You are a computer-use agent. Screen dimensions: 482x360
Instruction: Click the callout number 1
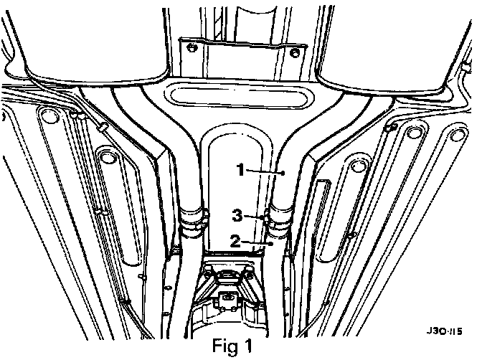pos(242,169)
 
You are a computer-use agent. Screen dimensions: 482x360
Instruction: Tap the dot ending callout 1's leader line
pos(285,173)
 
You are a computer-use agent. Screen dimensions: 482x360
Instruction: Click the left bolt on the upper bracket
pos(192,49)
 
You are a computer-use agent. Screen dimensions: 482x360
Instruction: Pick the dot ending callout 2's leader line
pos(271,245)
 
